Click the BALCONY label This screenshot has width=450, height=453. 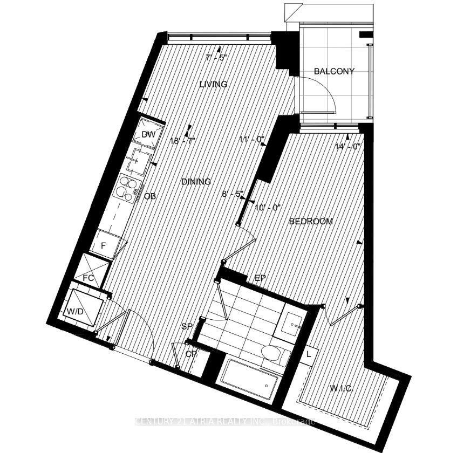click(x=335, y=71)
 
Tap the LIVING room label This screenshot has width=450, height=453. click(x=213, y=84)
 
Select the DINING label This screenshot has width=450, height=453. click(x=196, y=182)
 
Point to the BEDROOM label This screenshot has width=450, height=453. click(x=310, y=221)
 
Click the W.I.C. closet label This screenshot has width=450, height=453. click(x=341, y=388)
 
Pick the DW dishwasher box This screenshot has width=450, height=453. click(x=148, y=135)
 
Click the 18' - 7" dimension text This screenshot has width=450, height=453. click(x=182, y=141)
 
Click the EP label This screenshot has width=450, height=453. click(x=261, y=278)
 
